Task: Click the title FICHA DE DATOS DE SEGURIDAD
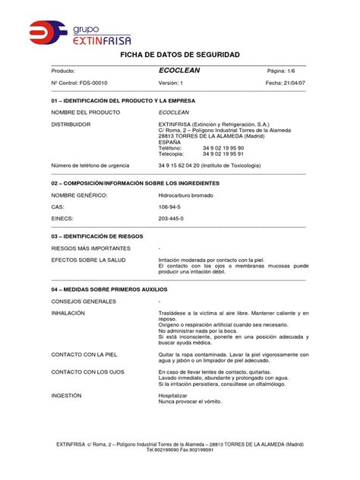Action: pos(180,55)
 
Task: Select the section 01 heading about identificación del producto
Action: pos(122,100)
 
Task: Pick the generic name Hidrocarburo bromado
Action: pos(186,195)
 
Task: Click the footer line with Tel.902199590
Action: pos(180,450)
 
